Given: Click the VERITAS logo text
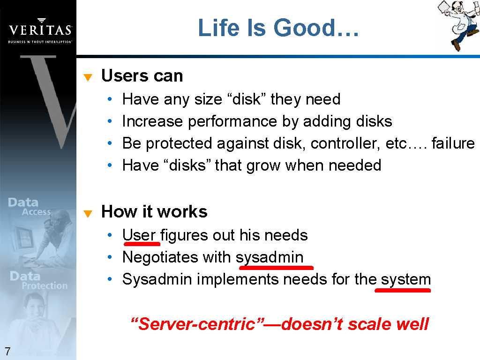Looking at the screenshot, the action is click(x=40, y=30).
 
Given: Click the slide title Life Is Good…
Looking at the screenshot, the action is click(x=278, y=28).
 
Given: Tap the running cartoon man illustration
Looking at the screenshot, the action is click(x=458, y=24).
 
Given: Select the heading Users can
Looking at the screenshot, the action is click(x=142, y=75).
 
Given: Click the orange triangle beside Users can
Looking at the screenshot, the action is click(x=88, y=77).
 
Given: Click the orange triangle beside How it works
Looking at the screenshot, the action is click(x=88, y=213).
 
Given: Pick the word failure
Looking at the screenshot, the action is click(x=453, y=143).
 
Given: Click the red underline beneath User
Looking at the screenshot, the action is click(x=142, y=244).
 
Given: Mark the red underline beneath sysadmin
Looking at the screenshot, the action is click(x=277, y=268).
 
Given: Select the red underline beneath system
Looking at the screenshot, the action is click(x=403, y=290).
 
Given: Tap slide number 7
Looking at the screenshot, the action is click(x=7, y=351).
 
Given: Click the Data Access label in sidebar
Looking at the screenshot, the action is click(x=30, y=207).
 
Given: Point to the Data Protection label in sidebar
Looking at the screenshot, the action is click(x=38, y=280).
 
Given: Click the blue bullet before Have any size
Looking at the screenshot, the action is click(x=110, y=99).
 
